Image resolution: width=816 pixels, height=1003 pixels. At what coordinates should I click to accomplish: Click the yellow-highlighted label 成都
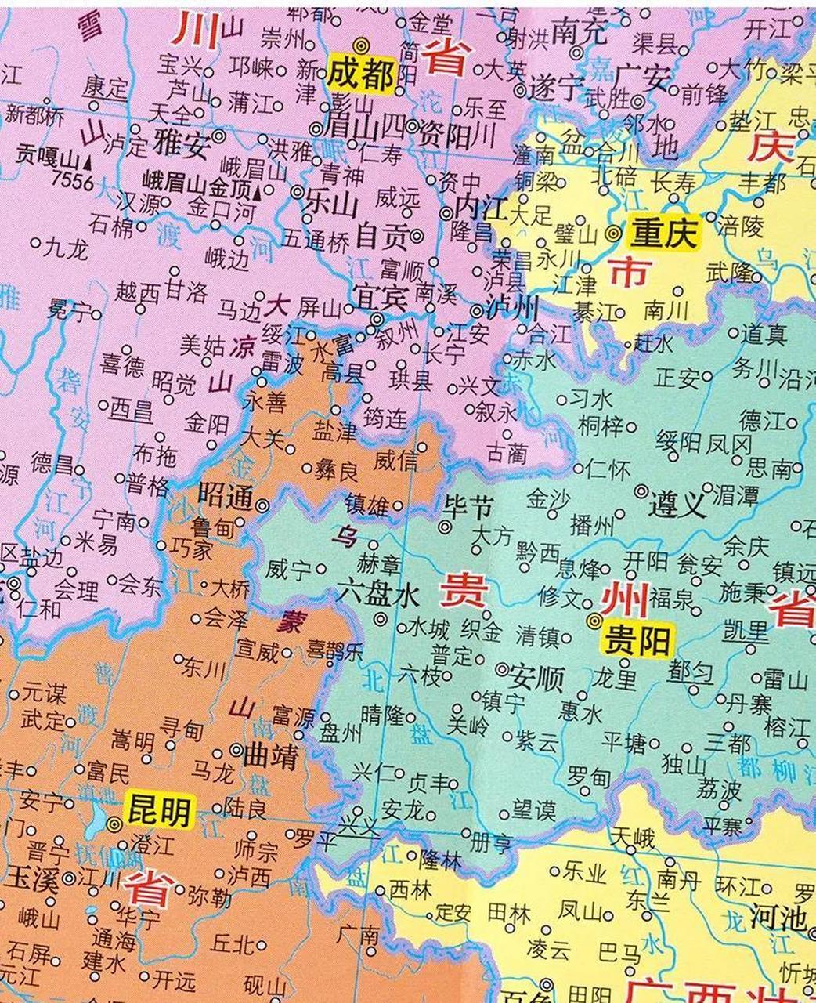[x=360, y=74]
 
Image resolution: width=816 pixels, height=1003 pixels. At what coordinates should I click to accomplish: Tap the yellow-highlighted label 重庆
[x=664, y=234]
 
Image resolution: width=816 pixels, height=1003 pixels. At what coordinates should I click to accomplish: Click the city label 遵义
[x=678, y=505]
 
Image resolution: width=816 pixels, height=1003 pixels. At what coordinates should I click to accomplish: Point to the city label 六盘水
[x=379, y=596]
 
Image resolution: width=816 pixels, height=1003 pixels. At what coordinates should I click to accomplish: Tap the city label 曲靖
[x=270, y=757]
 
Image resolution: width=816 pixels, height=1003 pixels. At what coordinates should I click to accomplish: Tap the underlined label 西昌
[x=131, y=408]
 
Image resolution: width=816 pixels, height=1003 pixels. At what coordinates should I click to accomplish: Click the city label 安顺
[x=536, y=677]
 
